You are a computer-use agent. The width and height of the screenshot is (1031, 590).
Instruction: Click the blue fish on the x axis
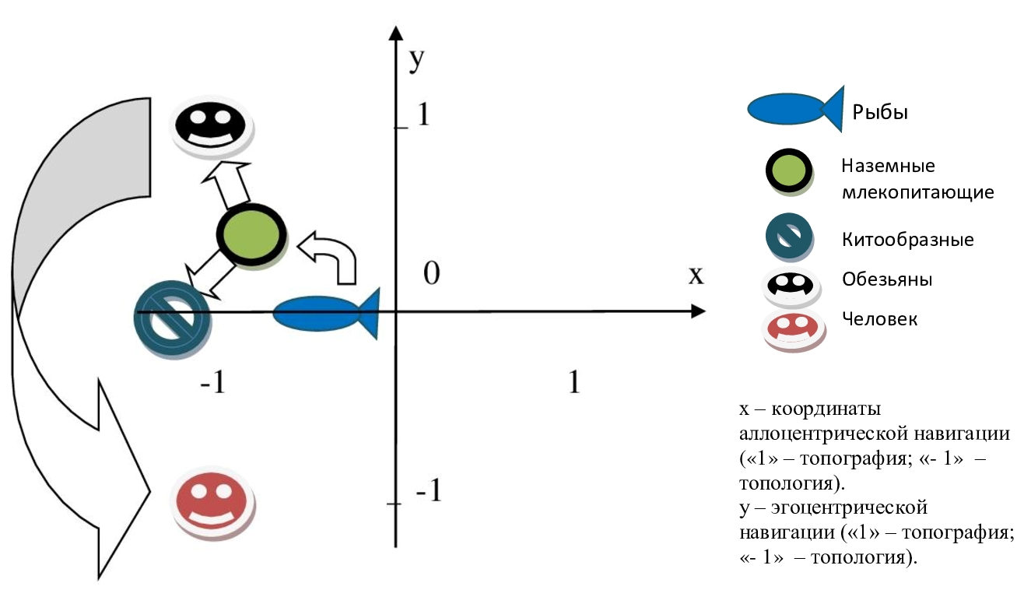[x=324, y=314]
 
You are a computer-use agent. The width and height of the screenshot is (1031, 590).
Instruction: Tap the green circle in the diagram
[x=251, y=234]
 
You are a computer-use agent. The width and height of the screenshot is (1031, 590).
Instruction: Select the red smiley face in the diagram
[x=210, y=501]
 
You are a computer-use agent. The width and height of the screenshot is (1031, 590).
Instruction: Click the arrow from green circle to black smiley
[x=227, y=186]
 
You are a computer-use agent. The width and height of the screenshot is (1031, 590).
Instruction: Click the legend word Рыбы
[x=880, y=112]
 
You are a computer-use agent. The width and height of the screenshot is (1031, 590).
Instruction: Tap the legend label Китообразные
[x=907, y=239]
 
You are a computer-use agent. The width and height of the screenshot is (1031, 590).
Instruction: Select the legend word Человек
[x=879, y=318]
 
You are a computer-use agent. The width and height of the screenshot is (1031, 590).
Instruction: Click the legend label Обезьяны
[x=887, y=279]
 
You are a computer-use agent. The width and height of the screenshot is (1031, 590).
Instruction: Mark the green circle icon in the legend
[x=789, y=171]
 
